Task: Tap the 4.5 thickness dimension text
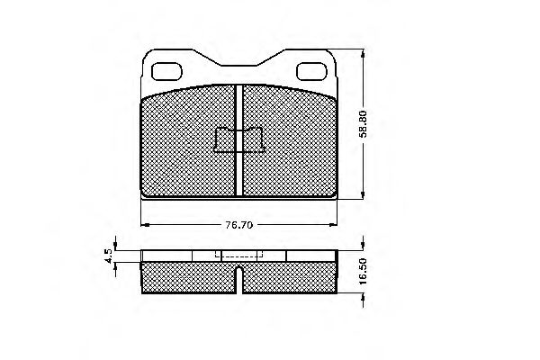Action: pyautogui.click(x=108, y=256)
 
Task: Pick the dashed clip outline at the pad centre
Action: pyautogui.click(x=239, y=140)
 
